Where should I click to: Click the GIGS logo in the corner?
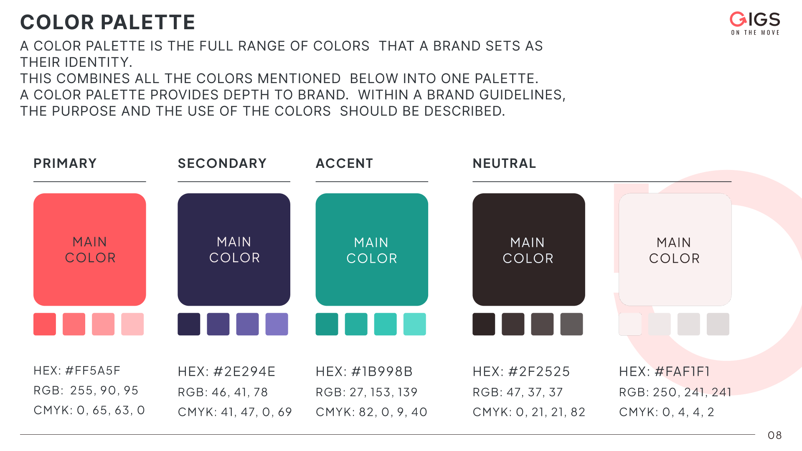(755, 23)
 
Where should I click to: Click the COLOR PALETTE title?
(108, 22)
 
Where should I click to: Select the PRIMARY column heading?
(65, 163)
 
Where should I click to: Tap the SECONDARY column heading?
(222, 163)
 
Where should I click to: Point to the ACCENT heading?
(344, 163)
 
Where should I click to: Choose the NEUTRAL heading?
(504, 163)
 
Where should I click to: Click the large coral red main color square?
(90, 249)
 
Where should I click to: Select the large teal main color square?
(372, 249)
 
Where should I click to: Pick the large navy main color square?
(234, 249)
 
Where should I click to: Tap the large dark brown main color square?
(529, 249)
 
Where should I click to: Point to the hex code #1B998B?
(382, 371)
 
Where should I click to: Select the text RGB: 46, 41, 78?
(223, 392)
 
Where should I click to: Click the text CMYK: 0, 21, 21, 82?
(529, 412)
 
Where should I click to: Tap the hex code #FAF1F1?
(682, 371)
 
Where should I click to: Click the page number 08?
(775, 435)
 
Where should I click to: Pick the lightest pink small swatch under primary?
(132, 324)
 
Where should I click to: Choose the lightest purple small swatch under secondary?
(277, 324)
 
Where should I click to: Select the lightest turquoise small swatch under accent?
(415, 324)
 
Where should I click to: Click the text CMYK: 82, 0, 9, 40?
(371, 412)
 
